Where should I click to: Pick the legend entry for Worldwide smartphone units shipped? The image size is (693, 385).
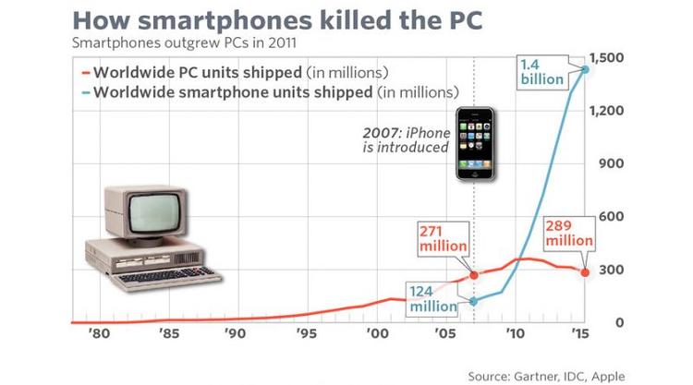point(268,92)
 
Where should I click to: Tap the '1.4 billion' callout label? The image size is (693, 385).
point(541,72)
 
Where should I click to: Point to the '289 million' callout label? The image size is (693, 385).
point(566,233)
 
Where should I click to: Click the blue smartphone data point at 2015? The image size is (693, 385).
point(585,69)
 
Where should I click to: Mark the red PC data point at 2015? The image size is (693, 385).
point(585,271)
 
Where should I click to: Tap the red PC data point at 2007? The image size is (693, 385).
point(474,275)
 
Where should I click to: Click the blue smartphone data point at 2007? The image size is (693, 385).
point(474,301)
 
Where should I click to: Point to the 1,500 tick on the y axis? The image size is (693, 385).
point(613,58)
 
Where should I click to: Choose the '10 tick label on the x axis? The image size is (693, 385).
point(515,332)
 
